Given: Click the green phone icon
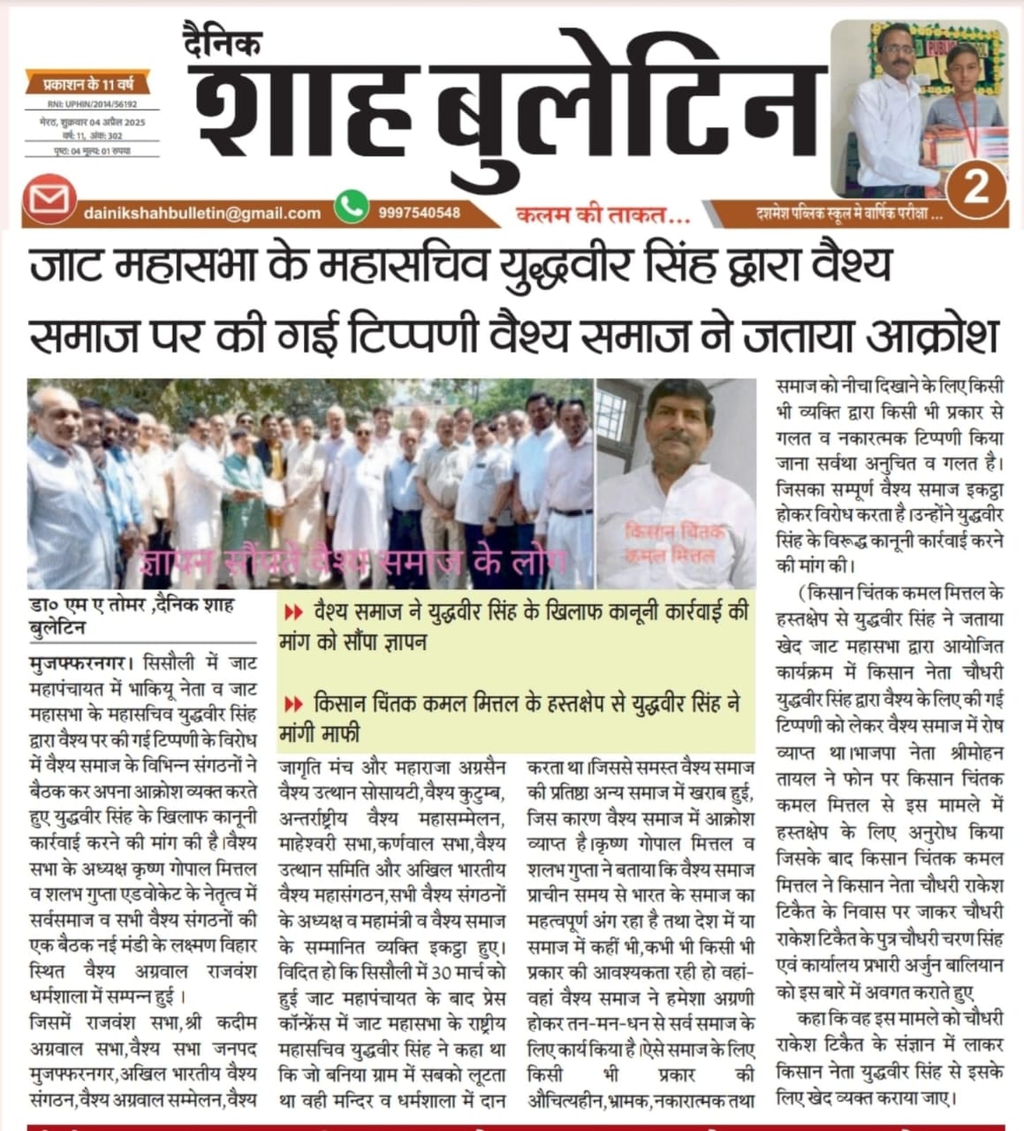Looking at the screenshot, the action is click(352, 207).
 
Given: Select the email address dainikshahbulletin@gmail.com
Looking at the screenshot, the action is click(202, 213).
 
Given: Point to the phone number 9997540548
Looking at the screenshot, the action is click(419, 213).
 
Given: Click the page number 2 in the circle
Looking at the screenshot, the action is click(975, 186).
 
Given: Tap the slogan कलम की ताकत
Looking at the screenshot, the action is click(603, 213).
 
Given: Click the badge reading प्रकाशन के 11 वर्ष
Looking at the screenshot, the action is click(87, 85).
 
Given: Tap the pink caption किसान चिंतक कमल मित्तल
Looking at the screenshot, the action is click(673, 543).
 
